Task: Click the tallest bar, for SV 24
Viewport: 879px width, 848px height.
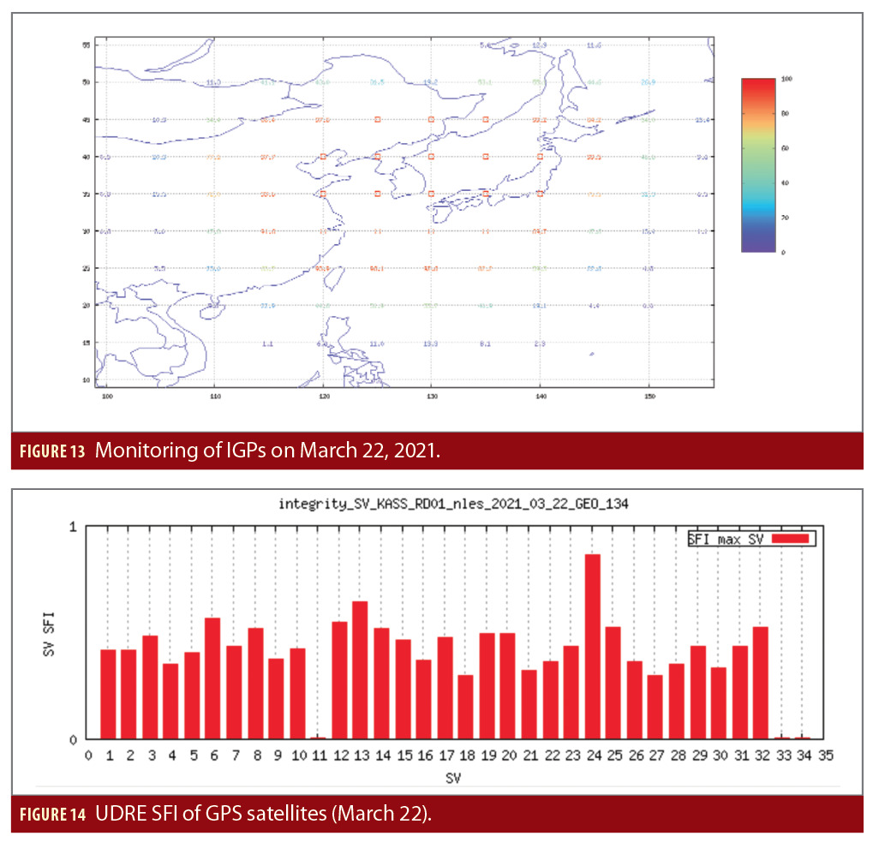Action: (x=592, y=647)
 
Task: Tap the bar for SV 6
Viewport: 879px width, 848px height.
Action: (x=212, y=678)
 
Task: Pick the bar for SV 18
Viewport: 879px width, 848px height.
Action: (x=465, y=707)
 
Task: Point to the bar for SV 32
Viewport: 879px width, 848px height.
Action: (x=760, y=683)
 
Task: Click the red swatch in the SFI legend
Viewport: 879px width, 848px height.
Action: (x=790, y=539)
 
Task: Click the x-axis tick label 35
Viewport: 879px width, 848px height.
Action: (x=826, y=755)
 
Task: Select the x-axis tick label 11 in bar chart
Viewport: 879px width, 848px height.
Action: (x=318, y=755)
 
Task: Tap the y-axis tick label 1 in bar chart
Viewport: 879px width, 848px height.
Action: (x=74, y=528)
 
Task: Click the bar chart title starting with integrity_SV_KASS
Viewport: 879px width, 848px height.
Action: (x=453, y=504)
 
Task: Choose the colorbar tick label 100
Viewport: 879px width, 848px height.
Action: (x=787, y=78)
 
